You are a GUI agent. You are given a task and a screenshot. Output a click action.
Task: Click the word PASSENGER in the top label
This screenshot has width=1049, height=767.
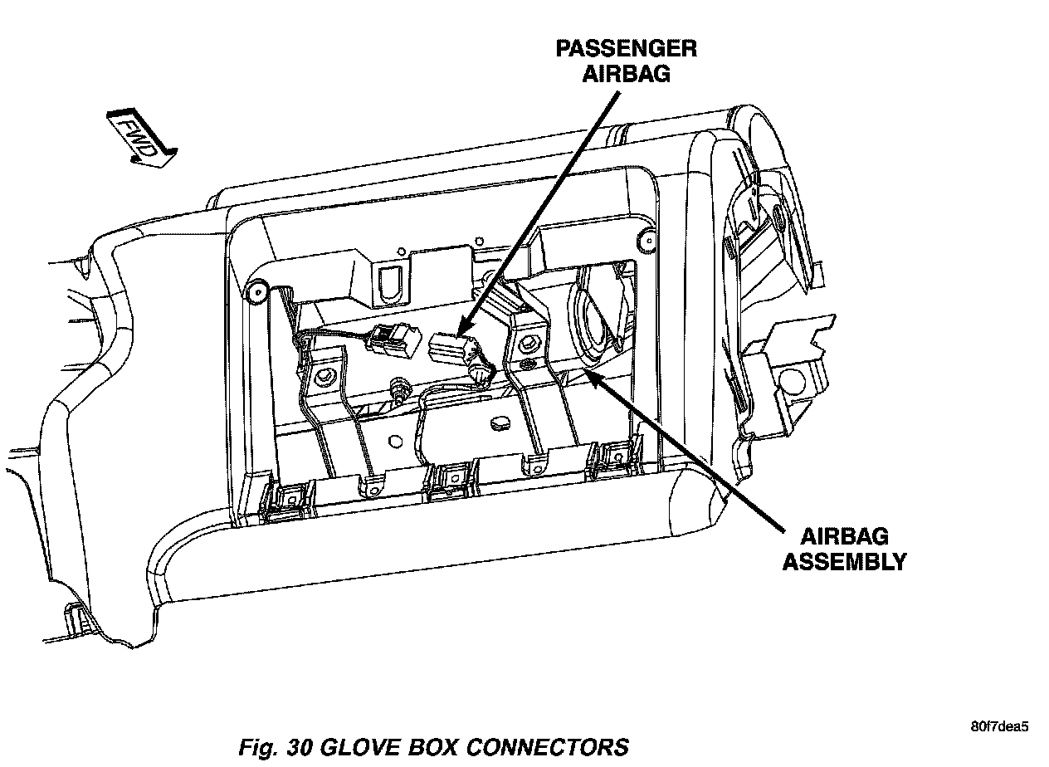[x=626, y=48]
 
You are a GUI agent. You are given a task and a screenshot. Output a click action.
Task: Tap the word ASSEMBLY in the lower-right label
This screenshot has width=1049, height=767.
[x=844, y=562]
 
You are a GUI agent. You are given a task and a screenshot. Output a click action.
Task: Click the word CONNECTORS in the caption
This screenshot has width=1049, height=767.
[x=557, y=746]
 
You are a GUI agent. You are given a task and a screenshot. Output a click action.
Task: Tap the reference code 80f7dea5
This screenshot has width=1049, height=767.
[x=999, y=727]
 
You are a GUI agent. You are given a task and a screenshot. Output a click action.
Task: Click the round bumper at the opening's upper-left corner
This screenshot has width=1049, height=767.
[x=256, y=290]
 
